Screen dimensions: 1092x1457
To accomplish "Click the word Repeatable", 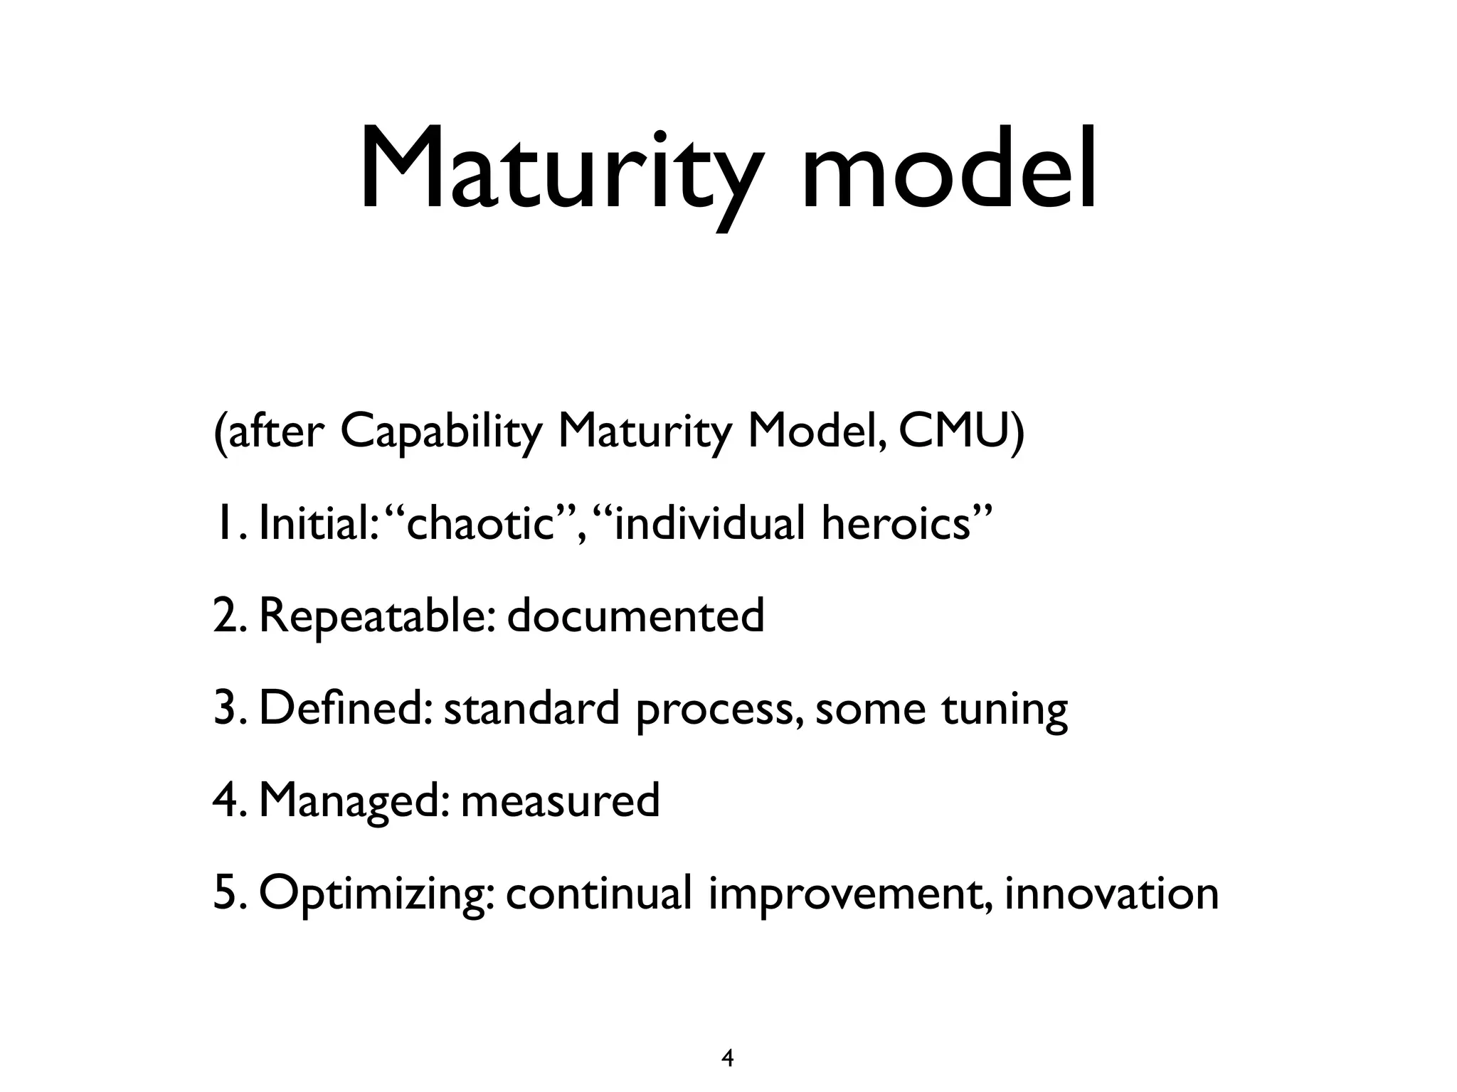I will pyautogui.click(x=376, y=616).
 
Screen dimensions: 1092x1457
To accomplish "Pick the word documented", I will pyautogui.click(x=635, y=616).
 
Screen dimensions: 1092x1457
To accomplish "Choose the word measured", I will pyautogui.click(x=561, y=801).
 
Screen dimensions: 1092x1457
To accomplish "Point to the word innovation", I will pyautogui.click(x=1111, y=893).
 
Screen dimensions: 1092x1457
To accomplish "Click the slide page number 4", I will pyautogui.click(x=727, y=1039).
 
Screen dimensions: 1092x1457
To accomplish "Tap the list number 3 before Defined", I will pyautogui.click(x=224, y=708).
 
